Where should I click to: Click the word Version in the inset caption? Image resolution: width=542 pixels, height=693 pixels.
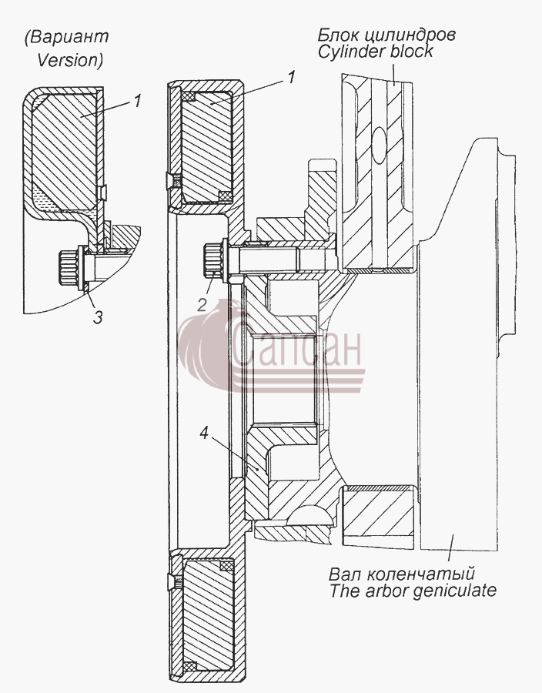pos(68,59)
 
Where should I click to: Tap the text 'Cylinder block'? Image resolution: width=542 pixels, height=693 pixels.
pos(376,52)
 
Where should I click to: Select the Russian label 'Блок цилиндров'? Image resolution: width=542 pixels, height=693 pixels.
pos(386,34)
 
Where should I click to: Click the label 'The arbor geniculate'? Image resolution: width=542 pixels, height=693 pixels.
pos(413,590)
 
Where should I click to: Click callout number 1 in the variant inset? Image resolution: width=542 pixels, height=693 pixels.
pos(137,100)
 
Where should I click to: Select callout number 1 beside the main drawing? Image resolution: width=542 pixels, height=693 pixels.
pos(291,77)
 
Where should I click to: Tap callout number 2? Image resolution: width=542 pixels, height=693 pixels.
pos(202,305)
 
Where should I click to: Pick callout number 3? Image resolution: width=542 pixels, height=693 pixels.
pos(98,316)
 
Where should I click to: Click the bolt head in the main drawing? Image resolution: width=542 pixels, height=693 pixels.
pos(214,259)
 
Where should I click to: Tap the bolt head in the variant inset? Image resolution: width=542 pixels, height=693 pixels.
pos(69,266)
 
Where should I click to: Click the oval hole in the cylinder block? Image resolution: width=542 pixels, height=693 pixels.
pos(380,144)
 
